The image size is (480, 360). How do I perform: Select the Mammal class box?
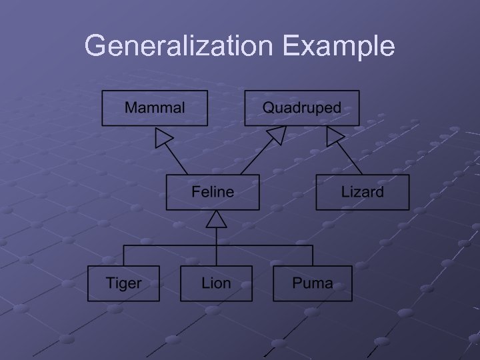154,108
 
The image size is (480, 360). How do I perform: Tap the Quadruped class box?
301,108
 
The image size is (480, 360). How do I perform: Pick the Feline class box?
213,193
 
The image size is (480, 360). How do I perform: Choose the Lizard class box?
362,193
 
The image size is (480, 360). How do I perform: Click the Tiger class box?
123,283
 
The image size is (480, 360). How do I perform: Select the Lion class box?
216,283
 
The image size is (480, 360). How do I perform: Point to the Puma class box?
312,283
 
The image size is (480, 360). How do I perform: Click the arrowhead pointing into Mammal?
163,137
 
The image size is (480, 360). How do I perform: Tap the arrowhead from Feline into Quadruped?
275,136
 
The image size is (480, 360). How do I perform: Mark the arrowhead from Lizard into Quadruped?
335,137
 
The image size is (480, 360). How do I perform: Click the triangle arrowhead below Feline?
216,220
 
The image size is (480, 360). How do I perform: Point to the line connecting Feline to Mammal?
179,160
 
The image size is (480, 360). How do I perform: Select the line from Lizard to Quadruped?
354,160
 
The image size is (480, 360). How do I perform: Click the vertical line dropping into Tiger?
123,255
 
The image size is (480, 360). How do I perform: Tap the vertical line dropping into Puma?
312,255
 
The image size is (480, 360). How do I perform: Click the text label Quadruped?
301,107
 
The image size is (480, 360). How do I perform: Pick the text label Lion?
216,283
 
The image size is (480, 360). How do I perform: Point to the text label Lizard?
362,193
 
